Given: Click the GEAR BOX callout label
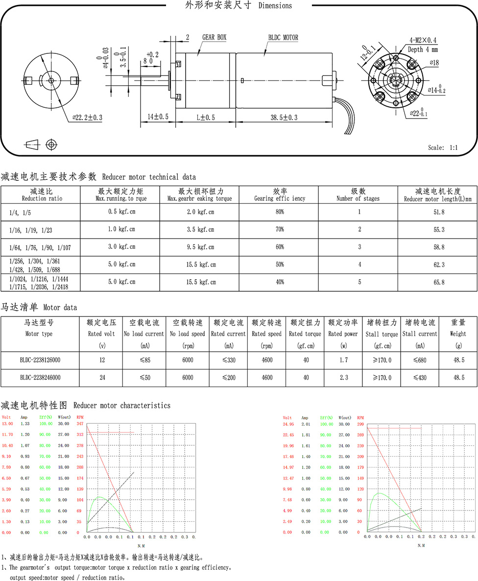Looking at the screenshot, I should click(214, 37).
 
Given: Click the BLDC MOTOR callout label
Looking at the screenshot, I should click(283, 37).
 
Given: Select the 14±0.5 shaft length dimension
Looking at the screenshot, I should click(158, 118).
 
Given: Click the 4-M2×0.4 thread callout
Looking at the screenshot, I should click(423, 40).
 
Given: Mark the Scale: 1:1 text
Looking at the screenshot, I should click(443, 147).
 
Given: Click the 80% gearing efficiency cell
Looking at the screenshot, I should click(279, 212).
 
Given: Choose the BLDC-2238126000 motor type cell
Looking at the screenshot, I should click(40, 360).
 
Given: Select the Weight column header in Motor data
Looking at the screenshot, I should click(458, 328).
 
